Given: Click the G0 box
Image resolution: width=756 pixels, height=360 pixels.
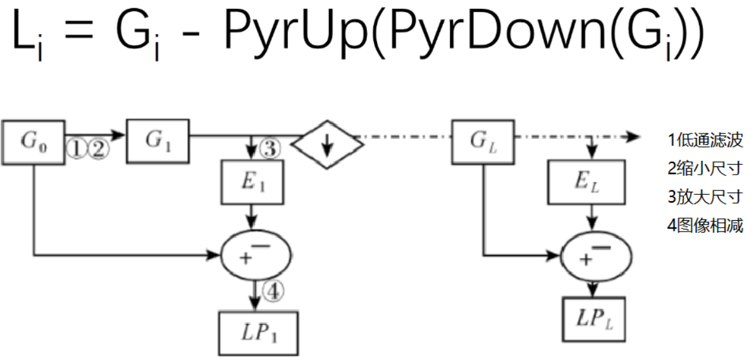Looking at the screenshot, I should [33, 140].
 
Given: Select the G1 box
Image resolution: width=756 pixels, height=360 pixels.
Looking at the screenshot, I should [158, 140].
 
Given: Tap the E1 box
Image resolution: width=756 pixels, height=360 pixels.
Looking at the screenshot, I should [252, 183].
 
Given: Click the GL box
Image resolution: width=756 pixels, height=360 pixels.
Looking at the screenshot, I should [484, 140].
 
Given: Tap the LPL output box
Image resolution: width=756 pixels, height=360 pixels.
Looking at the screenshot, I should [595, 319].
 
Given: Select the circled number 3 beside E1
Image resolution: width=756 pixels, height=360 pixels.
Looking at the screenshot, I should [270, 150].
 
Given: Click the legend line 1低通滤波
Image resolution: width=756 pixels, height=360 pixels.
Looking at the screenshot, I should [705, 140].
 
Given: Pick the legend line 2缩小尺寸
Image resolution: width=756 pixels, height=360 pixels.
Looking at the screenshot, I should [705, 169].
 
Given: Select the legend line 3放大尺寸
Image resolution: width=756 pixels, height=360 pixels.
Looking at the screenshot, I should [705, 197].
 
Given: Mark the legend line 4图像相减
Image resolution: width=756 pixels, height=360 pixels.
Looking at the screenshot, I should [705, 225].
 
